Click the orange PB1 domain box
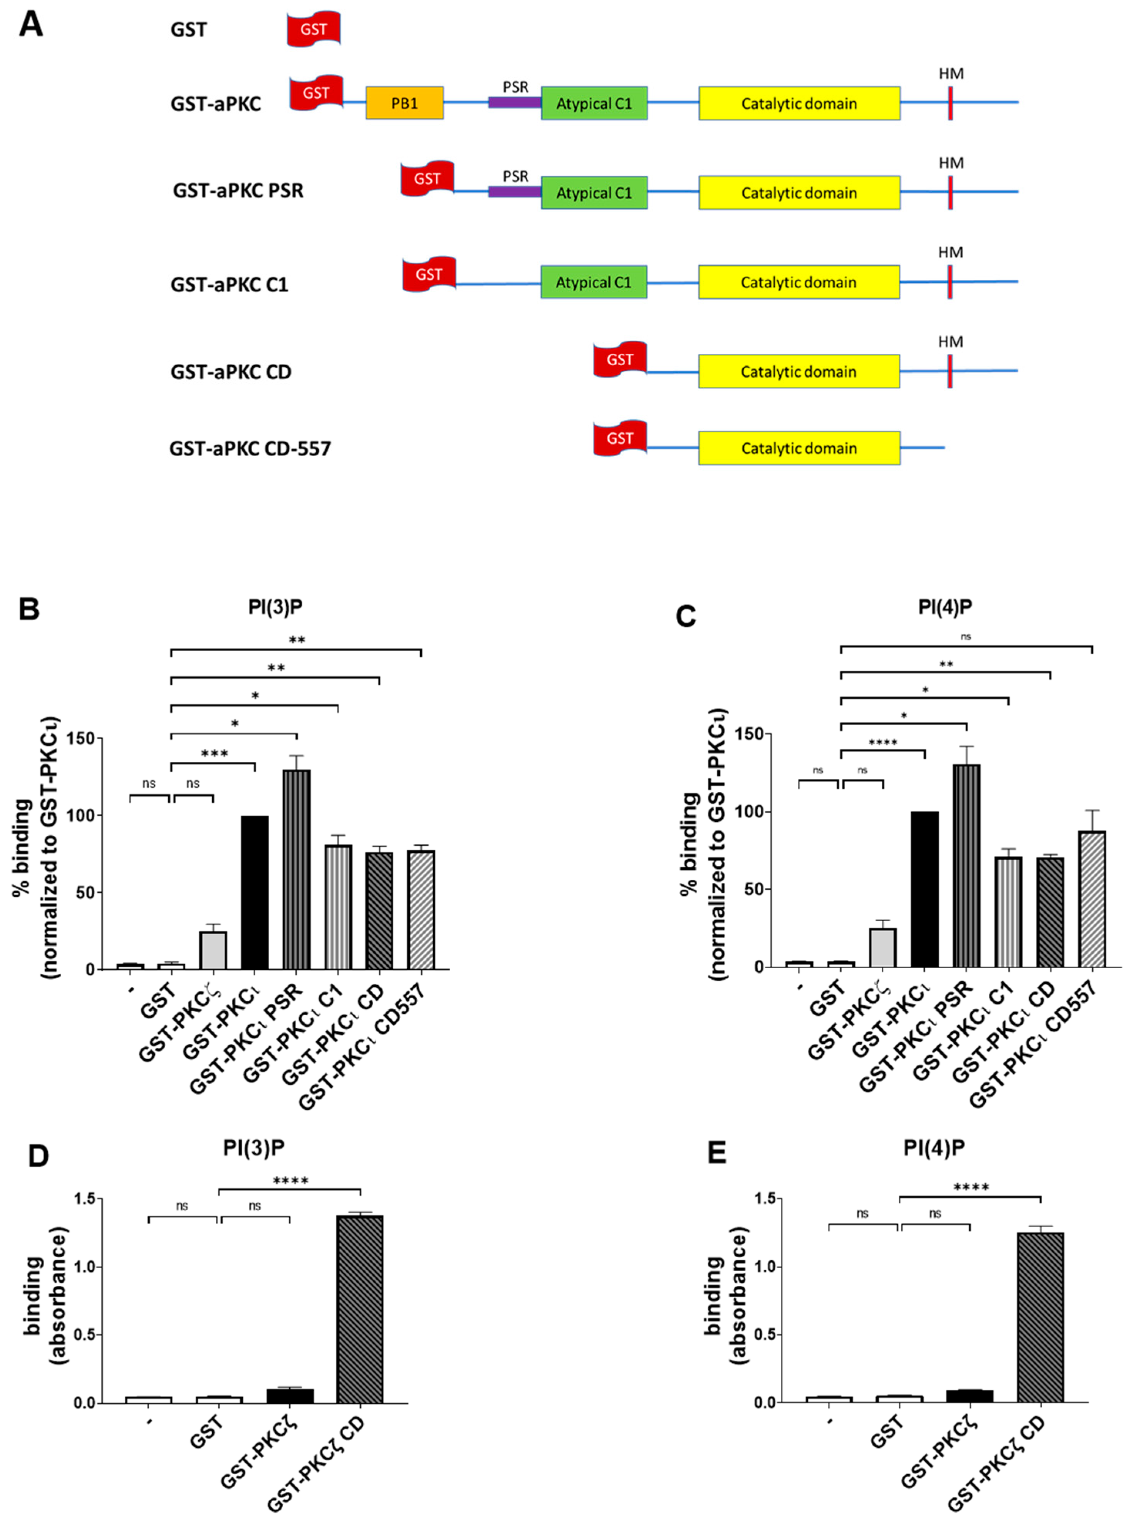coord(404,103)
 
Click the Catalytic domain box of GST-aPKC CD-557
coord(799,449)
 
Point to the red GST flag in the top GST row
coord(314,29)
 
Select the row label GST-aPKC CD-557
coord(250,449)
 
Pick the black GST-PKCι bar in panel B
coord(255,893)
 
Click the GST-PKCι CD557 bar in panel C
coord(1092,899)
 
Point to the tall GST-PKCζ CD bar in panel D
coord(360,1309)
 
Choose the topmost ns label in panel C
coord(966,637)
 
